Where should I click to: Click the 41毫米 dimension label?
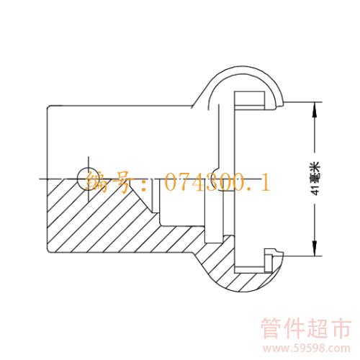tap(317, 179)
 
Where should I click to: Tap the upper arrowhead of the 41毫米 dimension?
tap(315, 109)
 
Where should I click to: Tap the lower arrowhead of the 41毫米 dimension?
tap(315, 248)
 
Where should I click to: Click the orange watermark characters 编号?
tap(109, 183)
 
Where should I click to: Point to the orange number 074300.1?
tap(218, 182)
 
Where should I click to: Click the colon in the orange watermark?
tap(143, 184)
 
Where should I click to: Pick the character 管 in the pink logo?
tap(271, 329)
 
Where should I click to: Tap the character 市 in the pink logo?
tap(340, 329)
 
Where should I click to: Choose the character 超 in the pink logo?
tap(317, 329)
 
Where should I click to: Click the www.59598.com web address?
tap(306, 348)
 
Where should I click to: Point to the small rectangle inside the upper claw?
tap(250, 101)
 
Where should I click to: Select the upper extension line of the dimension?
tap(303, 102)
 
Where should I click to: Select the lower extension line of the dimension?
tap(303, 256)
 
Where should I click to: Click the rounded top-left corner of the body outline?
tap(49, 107)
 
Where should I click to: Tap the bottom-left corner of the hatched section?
tap(49, 251)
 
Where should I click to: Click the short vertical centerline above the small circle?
tap(89, 163)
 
